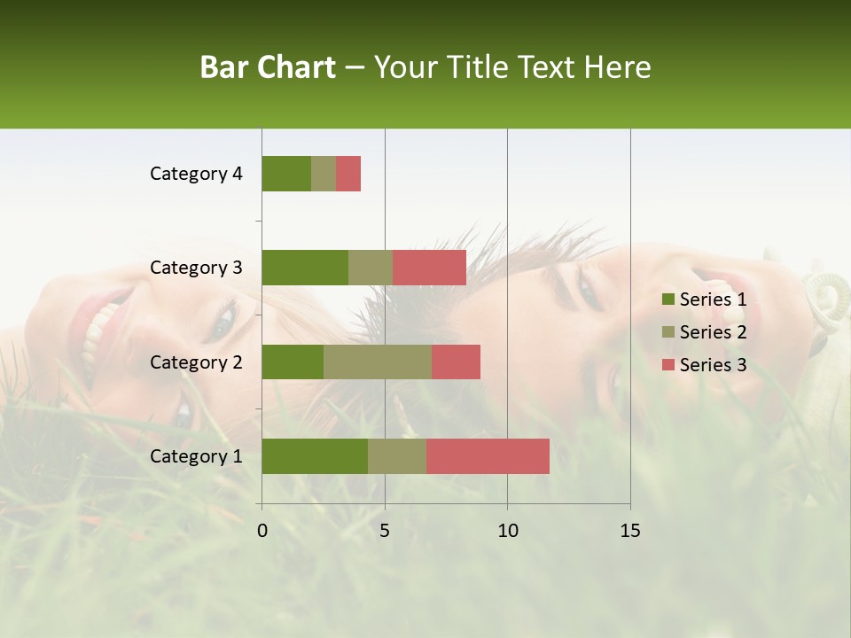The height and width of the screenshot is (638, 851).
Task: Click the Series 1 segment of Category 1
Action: [x=315, y=456]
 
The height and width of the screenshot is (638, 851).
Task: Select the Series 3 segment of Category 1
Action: [x=488, y=456]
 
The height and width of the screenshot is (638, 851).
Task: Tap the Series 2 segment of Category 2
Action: [x=378, y=362]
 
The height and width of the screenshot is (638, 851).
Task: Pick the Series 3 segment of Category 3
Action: [x=429, y=268]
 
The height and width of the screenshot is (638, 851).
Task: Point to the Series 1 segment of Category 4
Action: [x=286, y=174]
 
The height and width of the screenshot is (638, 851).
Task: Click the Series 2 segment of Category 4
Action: [x=324, y=174]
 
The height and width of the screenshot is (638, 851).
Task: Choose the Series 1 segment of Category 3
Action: [x=305, y=268]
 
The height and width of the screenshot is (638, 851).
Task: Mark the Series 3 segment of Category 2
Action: [x=456, y=362]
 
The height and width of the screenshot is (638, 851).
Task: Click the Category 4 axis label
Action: [x=196, y=174]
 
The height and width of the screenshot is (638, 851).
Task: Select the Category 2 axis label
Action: [x=196, y=362]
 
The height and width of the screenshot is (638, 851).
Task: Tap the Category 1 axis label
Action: [x=196, y=456]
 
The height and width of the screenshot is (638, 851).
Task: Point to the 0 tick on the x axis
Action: [x=262, y=531]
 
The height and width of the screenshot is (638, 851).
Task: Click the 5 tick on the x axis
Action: [x=385, y=531]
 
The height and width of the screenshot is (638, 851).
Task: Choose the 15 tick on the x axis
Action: [x=630, y=531]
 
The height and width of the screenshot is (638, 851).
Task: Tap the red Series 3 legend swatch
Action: [x=668, y=365]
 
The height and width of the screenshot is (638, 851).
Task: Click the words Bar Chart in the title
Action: [x=268, y=67]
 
